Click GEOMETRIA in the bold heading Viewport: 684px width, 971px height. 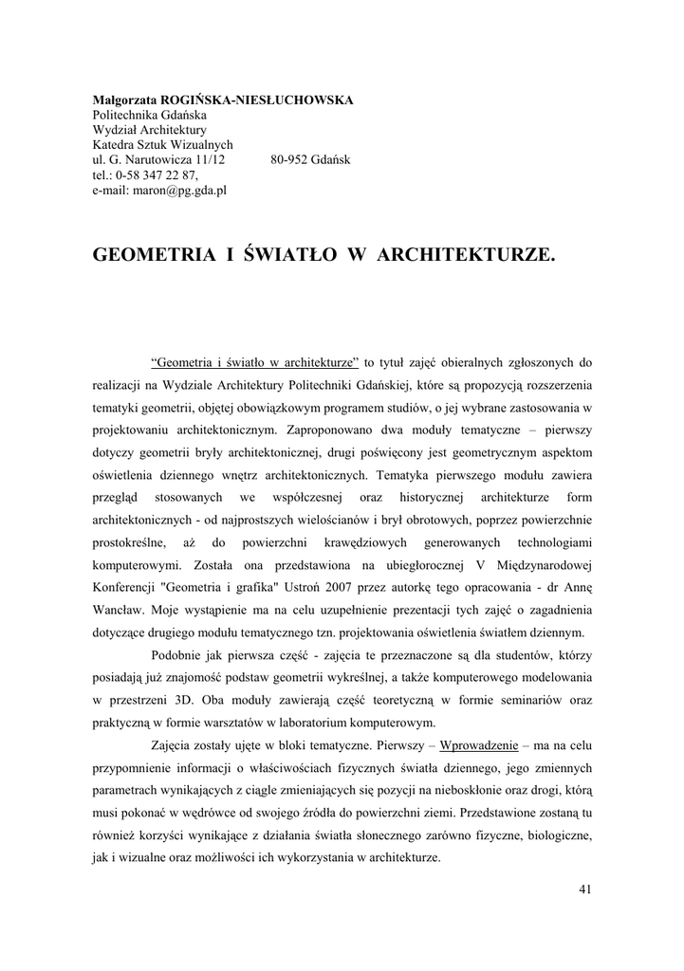tap(145, 255)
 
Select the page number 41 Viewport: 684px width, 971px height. tap(584, 889)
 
